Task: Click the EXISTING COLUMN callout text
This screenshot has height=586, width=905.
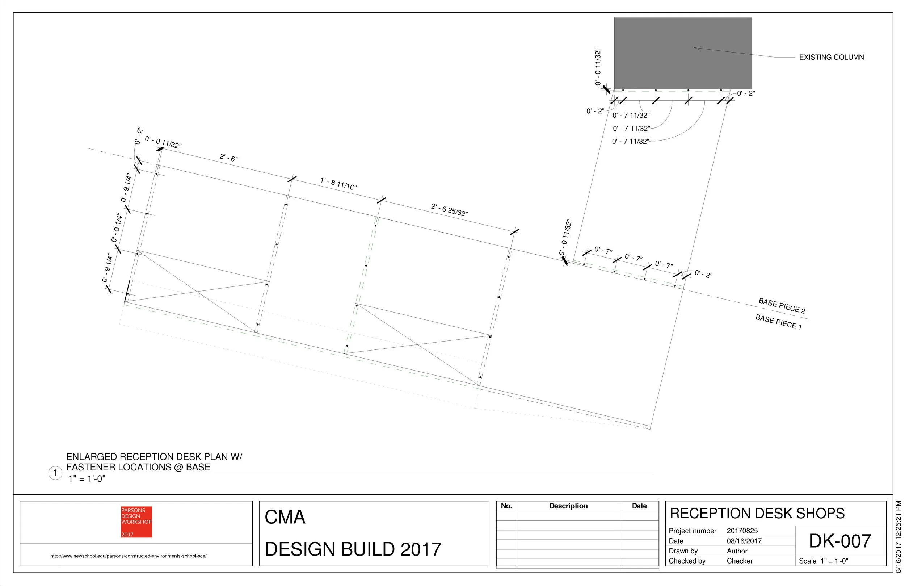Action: point(831,58)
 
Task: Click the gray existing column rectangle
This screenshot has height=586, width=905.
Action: point(683,53)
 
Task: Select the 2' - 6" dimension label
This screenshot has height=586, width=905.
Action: point(228,158)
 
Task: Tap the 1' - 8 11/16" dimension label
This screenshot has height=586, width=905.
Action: point(338,184)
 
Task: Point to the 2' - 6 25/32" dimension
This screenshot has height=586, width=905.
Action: point(449,210)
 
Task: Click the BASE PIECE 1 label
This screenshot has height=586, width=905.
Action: point(778,322)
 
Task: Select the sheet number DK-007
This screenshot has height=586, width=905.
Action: point(839,541)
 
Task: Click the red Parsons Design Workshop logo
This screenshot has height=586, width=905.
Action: point(136,522)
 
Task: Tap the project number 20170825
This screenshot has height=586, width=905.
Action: point(742,531)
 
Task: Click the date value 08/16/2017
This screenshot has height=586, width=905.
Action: point(744,541)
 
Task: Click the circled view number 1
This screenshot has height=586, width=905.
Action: point(55,473)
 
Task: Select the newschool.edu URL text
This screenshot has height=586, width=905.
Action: point(129,556)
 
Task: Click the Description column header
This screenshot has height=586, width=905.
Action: point(568,506)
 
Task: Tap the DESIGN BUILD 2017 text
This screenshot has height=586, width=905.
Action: point(353,549)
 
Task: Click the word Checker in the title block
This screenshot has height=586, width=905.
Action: point(739,561)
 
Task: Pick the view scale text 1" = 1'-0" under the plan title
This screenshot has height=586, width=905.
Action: point(87,479)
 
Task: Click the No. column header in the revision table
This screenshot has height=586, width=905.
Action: point(506,506)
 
